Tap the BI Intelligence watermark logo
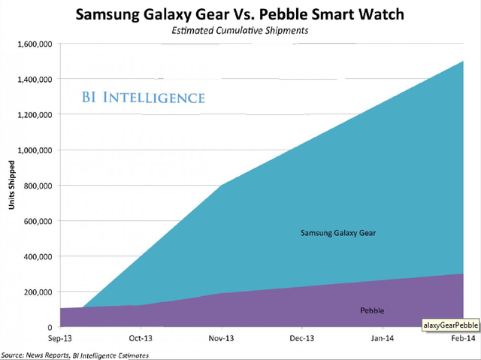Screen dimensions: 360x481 [143, 98]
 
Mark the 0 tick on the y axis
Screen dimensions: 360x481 [49, 328]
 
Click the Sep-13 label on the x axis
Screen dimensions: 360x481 [61, 340]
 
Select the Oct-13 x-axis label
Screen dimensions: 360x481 [141, 340]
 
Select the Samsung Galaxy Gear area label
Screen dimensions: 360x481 [338, 233]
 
